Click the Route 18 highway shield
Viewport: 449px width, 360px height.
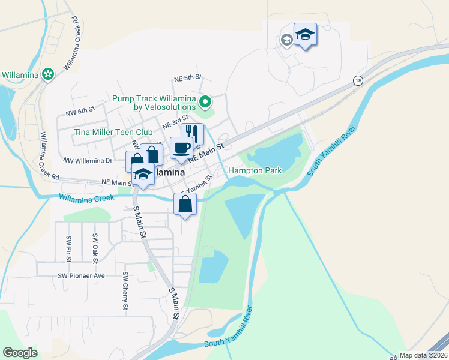[358, 80]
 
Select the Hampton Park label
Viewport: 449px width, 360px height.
[255, 171]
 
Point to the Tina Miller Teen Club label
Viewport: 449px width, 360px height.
[113, 132]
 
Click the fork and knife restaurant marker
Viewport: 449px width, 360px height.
[192, 133]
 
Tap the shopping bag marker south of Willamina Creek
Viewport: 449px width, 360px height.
[185, 204]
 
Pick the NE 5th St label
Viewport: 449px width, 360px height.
[188, 78]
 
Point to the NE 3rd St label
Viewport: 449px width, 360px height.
[176, 124]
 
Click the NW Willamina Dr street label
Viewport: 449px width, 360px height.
[88, 161]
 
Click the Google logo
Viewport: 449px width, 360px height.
[20, 352]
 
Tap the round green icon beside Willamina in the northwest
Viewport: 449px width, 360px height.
[48, 75]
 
